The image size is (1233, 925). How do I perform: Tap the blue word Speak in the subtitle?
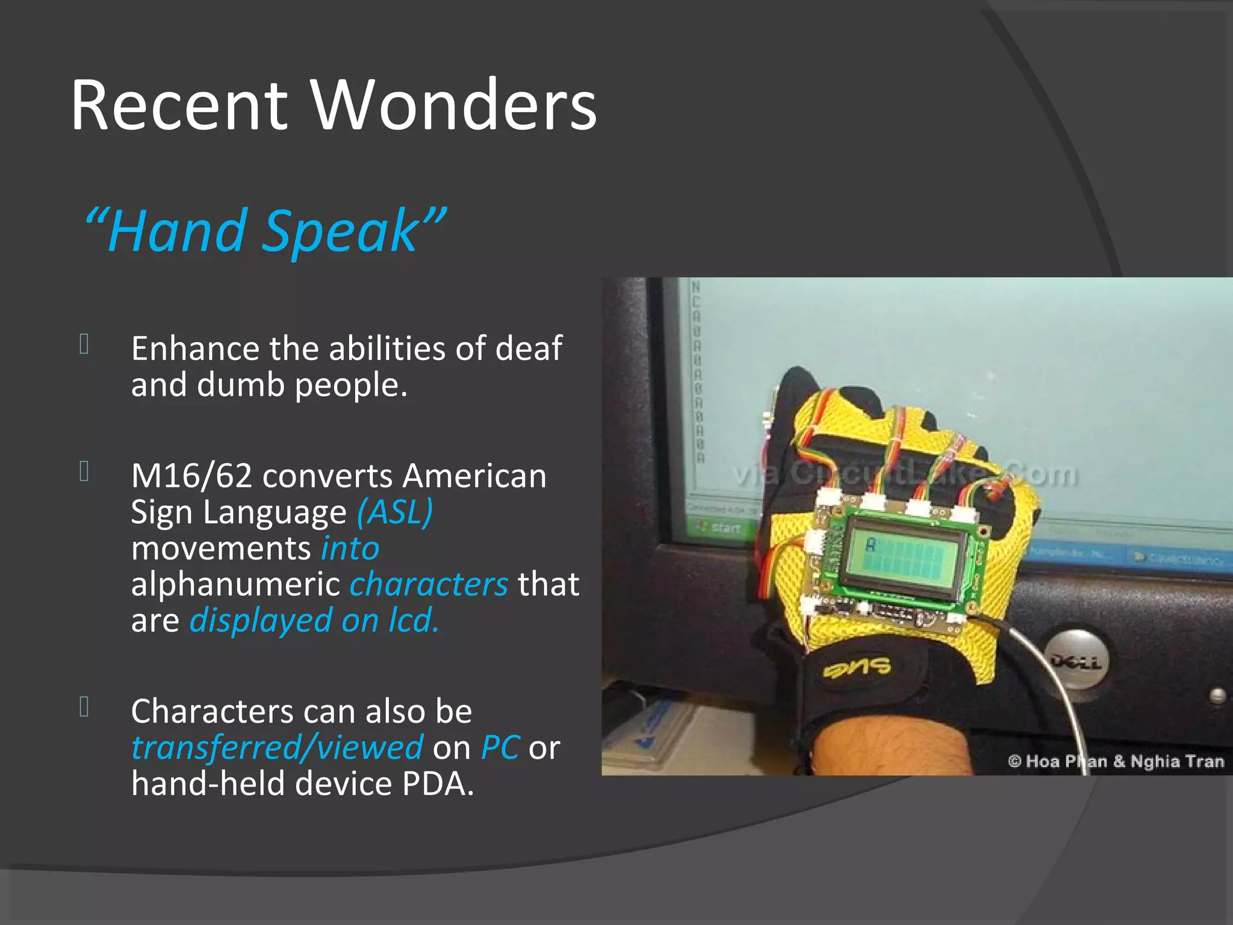pyautogui.click(x=340, y=231)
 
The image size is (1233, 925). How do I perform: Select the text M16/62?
pyautogui.click(x=191, y=476)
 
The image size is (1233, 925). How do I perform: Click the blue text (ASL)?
pyautogui.click(x=395, y=512)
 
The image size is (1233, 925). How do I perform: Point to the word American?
pyautogui.click(x=474, y=476)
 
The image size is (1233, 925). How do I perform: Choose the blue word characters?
pyautogui.click(x=429, y=584)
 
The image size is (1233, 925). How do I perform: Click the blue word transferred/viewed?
pyautogui.click(x=277, y=747)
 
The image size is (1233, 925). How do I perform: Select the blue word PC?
pyautogui.click(x=500, y=747)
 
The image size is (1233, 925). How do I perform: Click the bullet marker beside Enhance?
pyautogui.click(x=84, y=344)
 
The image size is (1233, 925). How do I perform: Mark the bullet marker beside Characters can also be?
pyautogui.click(x=84, y=707)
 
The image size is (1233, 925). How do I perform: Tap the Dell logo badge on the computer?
pyautogui.click(x=1077, y=662)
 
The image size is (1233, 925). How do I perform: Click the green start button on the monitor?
pyautogui.click(x=719, y=528)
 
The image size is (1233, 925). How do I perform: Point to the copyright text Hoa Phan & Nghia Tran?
pyautogui.click(x=1116, y=761)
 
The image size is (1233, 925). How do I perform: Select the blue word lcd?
pyautogui.click(x=414, y=620)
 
